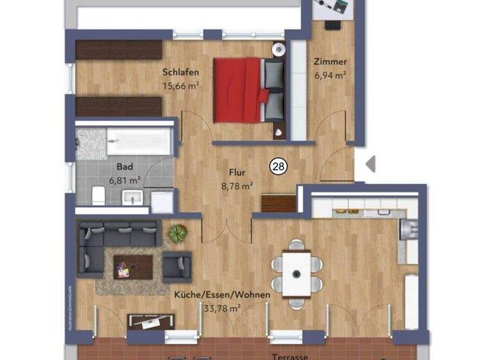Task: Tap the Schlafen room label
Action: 180,73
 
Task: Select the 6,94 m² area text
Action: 330,75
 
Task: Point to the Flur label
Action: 237,172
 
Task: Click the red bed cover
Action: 236,89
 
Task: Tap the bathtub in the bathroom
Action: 139,139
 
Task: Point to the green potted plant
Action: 177,233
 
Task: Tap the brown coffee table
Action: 133,265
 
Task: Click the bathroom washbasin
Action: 133,195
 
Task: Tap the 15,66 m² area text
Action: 181,85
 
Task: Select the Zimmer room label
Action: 330,62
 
